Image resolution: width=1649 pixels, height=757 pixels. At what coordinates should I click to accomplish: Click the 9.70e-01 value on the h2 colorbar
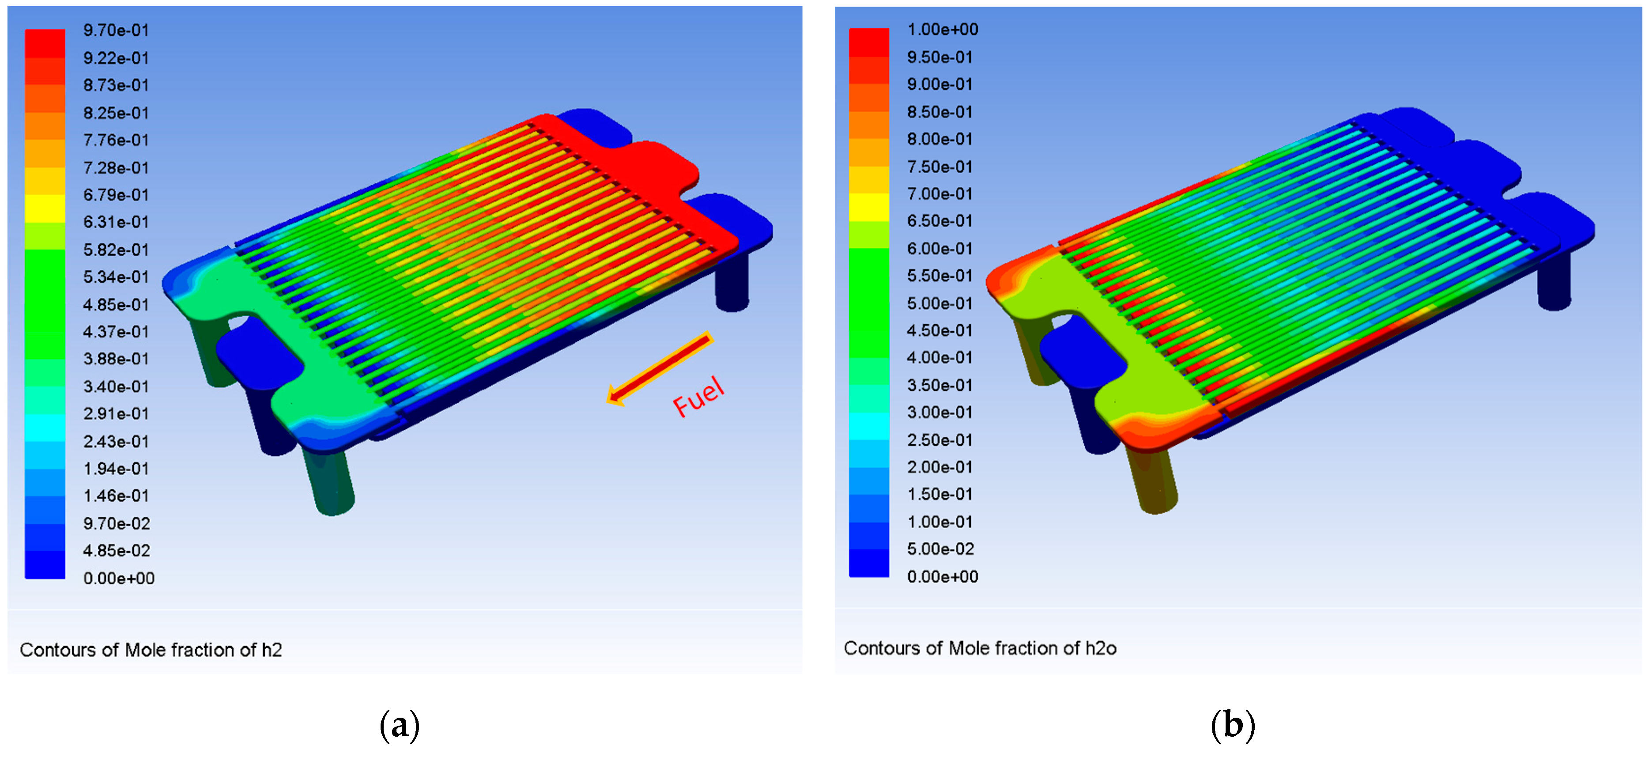click(x=116, y=30)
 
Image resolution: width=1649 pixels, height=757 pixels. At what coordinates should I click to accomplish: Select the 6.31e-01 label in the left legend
click(x=116, y=222)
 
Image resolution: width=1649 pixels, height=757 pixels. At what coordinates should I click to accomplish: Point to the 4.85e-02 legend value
click(x=117, y=550)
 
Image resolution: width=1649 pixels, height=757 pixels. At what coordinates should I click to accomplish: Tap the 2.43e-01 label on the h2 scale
click(x=116, y=441)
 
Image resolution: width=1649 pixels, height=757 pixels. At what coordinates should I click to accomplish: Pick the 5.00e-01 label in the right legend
click(x=940, y=303)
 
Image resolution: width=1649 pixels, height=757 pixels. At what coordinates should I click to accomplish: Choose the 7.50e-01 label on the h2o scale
click(x=940, y=167)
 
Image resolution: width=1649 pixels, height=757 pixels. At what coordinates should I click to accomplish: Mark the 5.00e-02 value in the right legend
click(x=940, y=549)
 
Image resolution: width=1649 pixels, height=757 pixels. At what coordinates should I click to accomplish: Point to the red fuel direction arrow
click(x=659, y=368)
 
